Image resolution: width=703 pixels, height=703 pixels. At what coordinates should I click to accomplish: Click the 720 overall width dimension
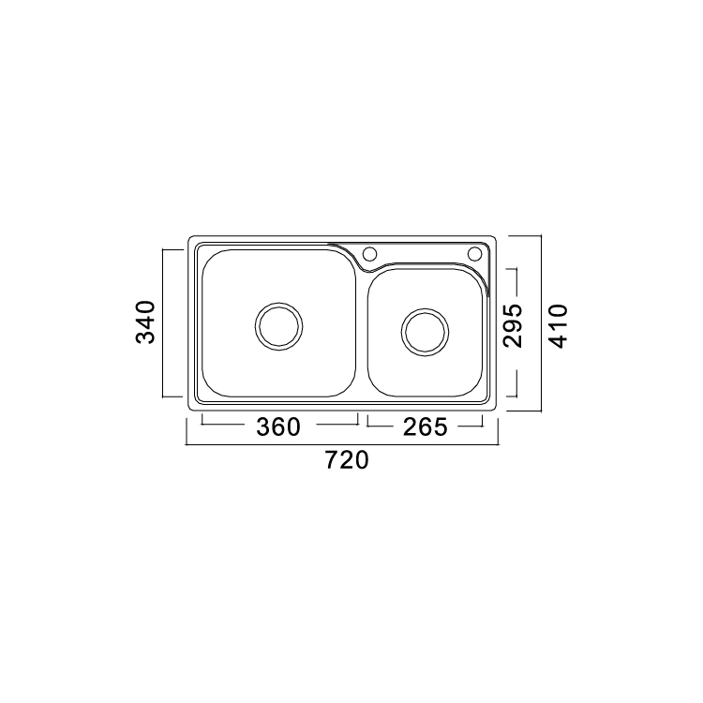click(x=347, y=460)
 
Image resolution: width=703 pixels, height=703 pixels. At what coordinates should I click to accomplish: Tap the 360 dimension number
click(x=278, y=426)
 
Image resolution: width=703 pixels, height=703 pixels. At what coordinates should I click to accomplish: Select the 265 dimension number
click(x=425, y=426)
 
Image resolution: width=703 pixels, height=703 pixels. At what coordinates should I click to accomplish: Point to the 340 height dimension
click(x=145, y=322)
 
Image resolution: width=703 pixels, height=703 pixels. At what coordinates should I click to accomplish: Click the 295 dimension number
click(x=513, y=326)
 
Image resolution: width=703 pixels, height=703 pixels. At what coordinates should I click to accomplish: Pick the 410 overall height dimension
click(x=559, y=326)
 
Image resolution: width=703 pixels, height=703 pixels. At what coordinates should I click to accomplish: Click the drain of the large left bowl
click(x=279, y=326)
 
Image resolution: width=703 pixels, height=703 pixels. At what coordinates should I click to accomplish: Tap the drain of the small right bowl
click(x=425, y=332)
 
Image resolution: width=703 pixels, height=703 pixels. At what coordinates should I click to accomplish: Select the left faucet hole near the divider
click(x=369, y=254)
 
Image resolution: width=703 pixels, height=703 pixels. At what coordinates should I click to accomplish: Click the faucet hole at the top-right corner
click(x=475, y=254)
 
